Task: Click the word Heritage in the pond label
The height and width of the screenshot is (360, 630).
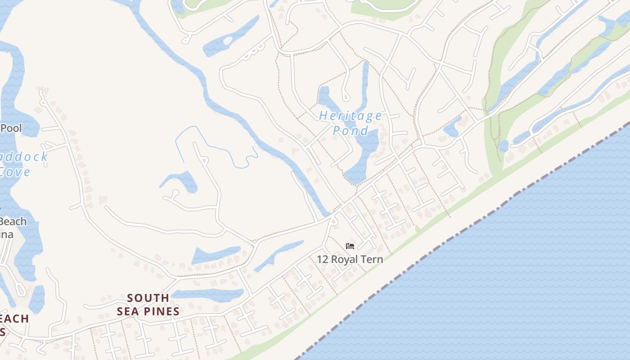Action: pos(351,116)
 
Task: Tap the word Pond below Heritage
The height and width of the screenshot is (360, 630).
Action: pos(351,131)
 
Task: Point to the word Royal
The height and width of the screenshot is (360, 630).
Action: pos(346,259)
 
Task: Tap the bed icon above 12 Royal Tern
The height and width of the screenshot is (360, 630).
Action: pos(350,246)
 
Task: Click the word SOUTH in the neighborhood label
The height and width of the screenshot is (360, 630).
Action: pos(148,298)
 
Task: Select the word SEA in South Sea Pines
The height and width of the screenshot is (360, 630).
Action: pos(127,311)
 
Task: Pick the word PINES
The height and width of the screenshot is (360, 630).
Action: pos(161,311)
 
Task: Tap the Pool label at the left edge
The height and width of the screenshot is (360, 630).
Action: pos(11,128)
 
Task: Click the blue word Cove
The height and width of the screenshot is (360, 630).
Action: pos(15,172)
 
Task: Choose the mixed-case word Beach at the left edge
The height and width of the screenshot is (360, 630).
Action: pos(13,221)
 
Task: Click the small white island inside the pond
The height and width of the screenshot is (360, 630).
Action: pos(227,41)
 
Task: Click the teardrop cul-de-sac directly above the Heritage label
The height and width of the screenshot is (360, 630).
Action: pos(346,96)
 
